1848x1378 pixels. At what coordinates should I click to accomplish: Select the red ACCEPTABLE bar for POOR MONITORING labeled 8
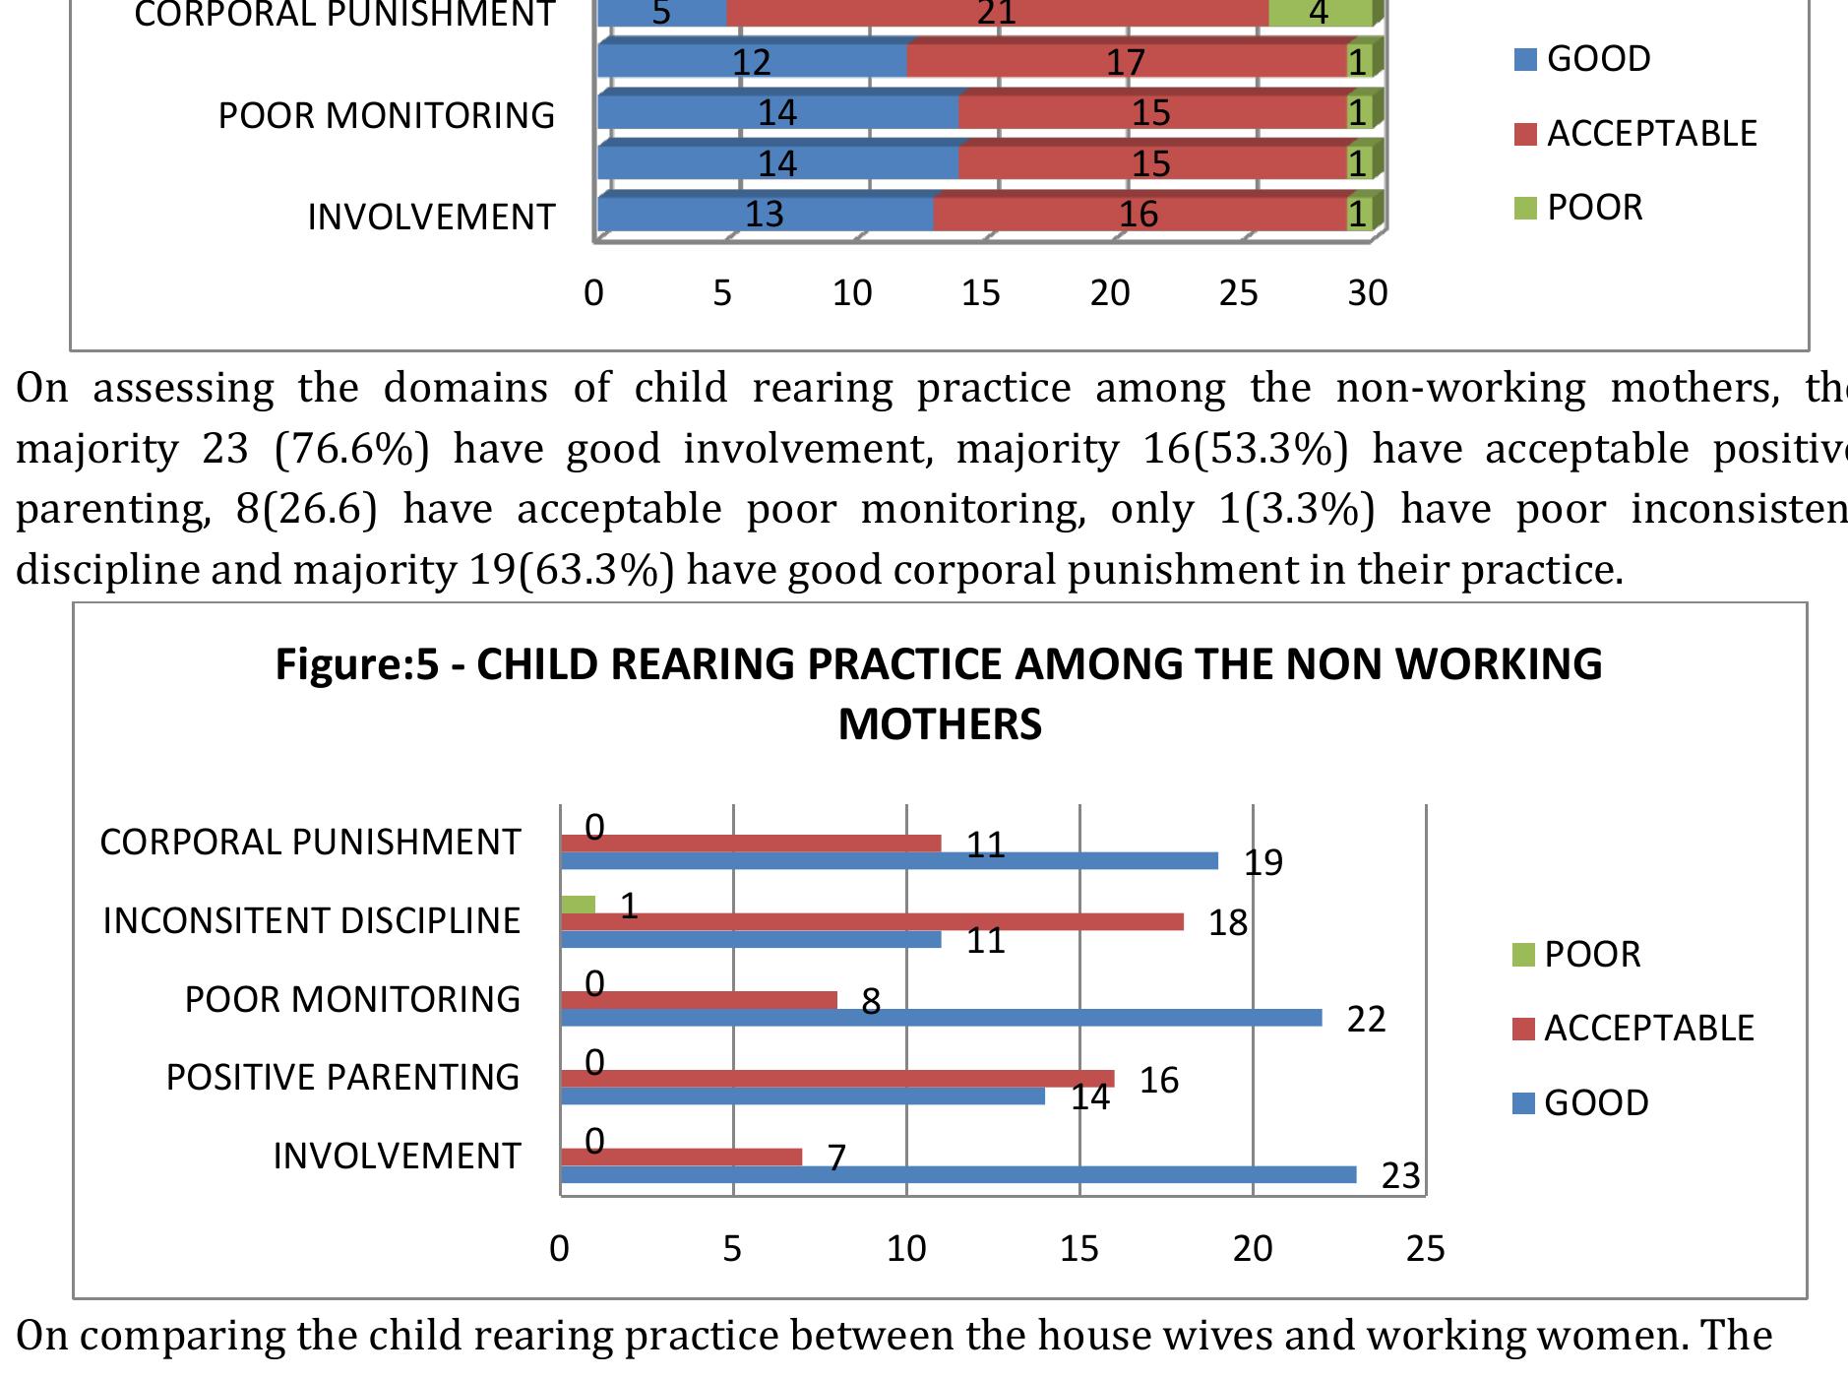698,1000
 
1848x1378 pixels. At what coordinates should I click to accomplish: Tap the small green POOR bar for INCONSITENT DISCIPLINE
578,905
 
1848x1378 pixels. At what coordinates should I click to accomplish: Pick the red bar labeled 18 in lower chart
871,922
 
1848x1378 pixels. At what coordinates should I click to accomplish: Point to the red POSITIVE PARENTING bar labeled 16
836,1079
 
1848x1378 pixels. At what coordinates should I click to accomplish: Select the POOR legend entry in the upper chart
1580,208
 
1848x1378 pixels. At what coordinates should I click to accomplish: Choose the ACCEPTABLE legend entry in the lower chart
1633,1029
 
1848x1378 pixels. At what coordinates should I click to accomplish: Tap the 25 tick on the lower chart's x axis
1425,1249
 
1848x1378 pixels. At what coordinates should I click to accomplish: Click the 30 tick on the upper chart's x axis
1368,293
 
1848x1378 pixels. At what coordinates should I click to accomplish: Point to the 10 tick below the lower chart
906,1249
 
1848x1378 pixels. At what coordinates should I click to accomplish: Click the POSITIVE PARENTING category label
341,1078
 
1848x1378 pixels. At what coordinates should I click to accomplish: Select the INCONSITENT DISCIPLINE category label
311,921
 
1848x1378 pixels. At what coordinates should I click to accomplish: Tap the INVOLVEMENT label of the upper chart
431,218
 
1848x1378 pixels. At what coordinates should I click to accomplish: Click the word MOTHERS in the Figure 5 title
939,724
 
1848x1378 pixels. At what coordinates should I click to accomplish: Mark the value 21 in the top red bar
996,14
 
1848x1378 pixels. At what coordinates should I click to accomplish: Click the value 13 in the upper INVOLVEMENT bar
764,214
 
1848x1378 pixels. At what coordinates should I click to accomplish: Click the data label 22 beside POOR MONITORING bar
1366,1020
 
